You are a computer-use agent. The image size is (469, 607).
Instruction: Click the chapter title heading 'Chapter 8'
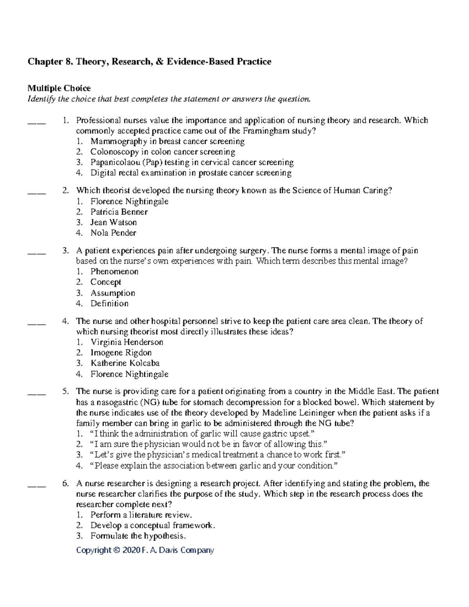pyautogui.click(x=149, y=62)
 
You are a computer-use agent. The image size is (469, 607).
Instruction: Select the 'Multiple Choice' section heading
pyautogui.click(x=59, y=88)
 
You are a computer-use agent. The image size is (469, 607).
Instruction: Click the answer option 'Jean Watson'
pyautogui.click(x=113, y=222)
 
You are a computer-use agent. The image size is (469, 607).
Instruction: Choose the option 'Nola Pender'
pyautogui.click(x=113, y=233)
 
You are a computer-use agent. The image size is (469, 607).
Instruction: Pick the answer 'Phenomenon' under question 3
pyautogui.click(x=114, y=272)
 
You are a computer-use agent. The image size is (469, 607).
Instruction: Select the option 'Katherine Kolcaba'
pyautogui.click(x=125, y=363)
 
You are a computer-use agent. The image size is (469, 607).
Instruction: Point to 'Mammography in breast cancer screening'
pyautogui.click(x=167, y=141)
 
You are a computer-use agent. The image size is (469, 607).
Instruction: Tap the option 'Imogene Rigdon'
pyautogui.click(x=121, y=353)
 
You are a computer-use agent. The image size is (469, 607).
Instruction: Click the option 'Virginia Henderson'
pyautogui.click(x=127, y=342)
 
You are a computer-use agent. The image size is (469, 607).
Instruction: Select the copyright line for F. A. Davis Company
pyautogui.click(x=145, y=550)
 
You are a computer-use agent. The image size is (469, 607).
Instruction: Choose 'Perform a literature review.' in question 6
pyautogui.click(x=141, y=515)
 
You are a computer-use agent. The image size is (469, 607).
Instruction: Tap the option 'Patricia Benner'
pyautogui.click(x=119, y=212)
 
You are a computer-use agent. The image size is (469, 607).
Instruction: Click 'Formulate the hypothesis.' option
pyautogui.click(x=137, y=536)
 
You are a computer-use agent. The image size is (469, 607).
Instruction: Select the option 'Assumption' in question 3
pyautogui.click(x=113, y=293)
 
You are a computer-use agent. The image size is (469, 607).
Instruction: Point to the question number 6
pyautogui.click(x=65, y=483)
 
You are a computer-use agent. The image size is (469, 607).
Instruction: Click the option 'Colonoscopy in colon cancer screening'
pyautogui.click(x=163, y=152)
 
